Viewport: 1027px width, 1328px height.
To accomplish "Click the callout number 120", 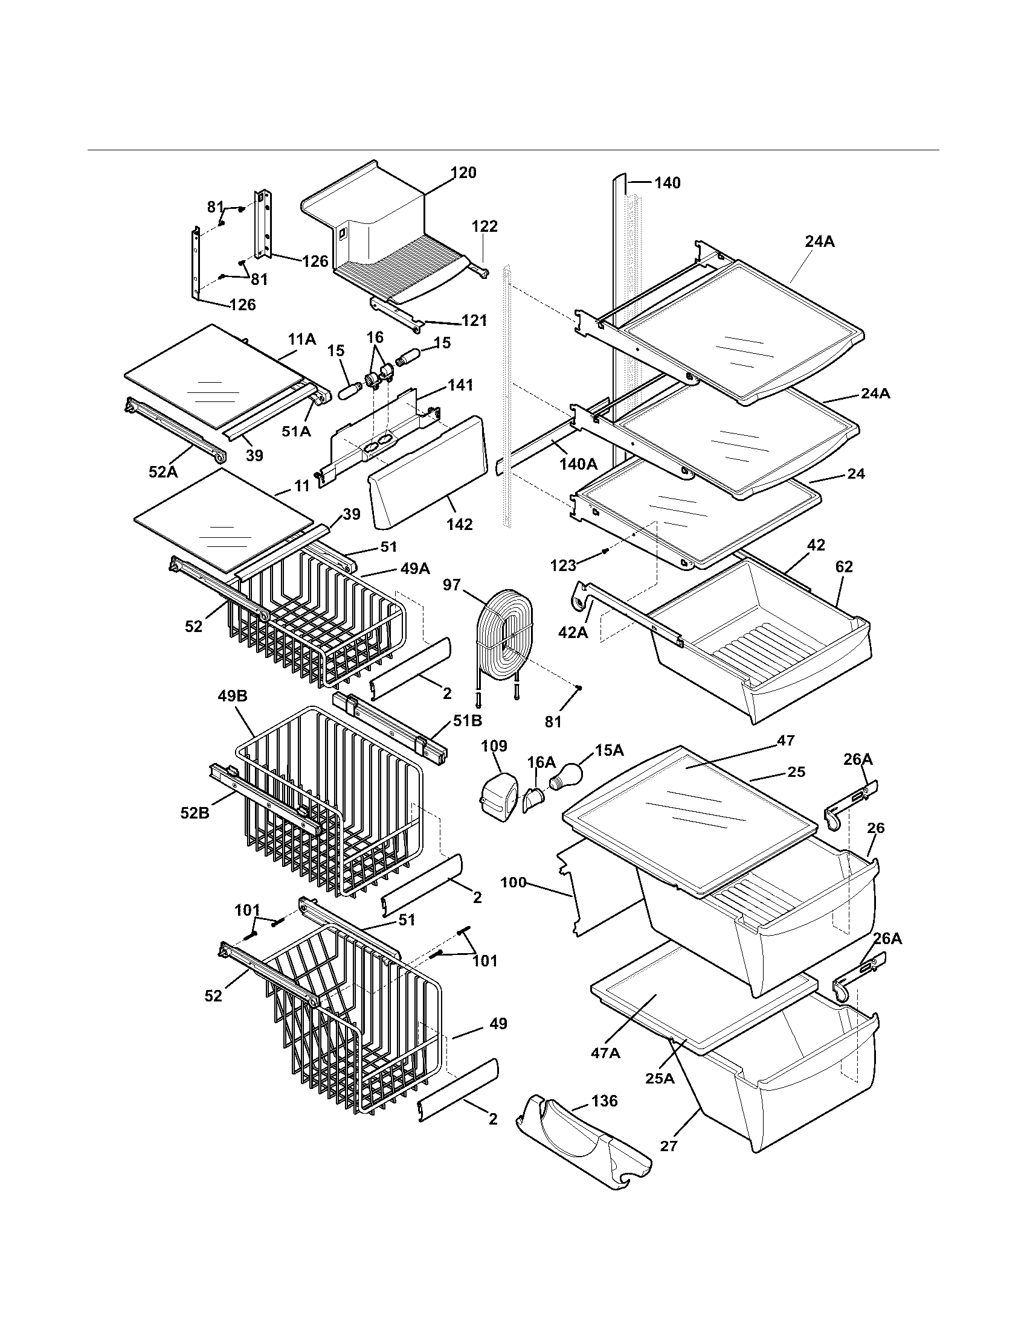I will tap(463, 173).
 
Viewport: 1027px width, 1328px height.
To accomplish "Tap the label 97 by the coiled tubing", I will tap(451, 585).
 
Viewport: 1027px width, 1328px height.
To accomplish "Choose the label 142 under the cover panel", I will tap(459, 524).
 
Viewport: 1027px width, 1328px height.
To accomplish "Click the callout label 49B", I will tap(233, 696).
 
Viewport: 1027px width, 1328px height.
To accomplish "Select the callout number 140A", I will tap(578, 465).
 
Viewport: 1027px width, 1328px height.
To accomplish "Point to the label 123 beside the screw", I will tap(563, 566).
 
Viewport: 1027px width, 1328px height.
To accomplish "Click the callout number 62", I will tap(844, 567).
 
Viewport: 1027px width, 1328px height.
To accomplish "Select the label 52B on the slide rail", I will tap(195, 812).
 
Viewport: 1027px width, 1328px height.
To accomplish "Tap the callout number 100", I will tap(513, 882).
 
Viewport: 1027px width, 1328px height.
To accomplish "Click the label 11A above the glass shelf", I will tap(302, 339).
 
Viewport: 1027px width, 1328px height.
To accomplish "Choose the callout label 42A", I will tap(573, 633).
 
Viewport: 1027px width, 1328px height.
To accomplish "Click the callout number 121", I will tap(474, 320).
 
